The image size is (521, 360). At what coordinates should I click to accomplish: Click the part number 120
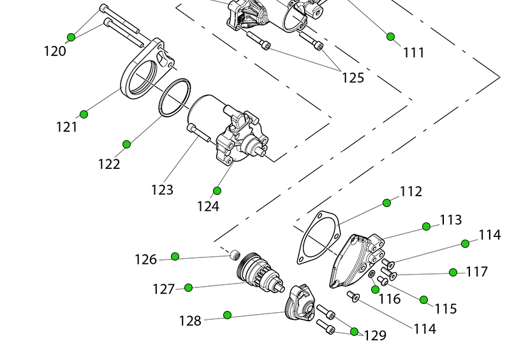point(55,51)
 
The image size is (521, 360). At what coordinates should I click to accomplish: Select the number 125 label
point(353,78)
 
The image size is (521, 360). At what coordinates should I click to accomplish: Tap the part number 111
point(414,53)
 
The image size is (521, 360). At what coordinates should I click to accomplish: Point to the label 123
point(162,189)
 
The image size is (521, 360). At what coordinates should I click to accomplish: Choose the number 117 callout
point(476,271)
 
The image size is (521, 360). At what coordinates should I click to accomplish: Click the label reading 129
point(375,335)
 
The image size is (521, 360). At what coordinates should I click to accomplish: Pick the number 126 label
point(145,259)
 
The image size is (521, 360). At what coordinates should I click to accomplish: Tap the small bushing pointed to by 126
point(233,256)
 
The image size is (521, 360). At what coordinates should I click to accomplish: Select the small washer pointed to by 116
point(372,275)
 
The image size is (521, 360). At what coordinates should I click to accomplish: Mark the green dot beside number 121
point(84,114)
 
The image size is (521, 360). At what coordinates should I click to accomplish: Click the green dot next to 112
point(386,203)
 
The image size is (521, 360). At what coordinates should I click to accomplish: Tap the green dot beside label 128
point(227,314)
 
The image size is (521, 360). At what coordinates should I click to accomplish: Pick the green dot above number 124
point(217,191)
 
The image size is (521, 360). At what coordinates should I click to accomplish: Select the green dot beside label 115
point(423,299)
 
